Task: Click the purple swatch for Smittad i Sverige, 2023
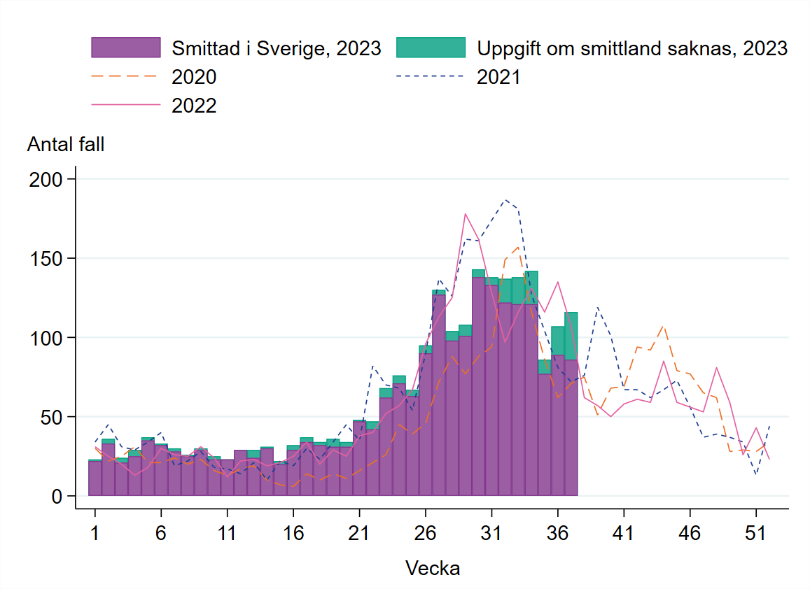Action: point(126,48)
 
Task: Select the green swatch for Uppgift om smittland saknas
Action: point(431,48)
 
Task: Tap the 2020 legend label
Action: point(195,77)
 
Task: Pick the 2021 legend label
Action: point(498,77)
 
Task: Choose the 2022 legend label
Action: point(195,106)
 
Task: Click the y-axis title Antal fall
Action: point(65,145)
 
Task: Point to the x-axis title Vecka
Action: point(433,568)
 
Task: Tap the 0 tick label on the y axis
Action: point(58,497)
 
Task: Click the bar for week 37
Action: point(571,420)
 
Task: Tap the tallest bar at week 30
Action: point(479,385)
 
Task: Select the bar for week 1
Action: point(95,479)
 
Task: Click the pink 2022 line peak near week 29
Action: point(465,214)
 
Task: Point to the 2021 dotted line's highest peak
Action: point(505,199)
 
